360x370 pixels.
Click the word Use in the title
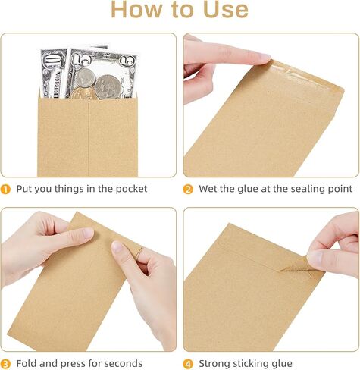click(x=216, y=9)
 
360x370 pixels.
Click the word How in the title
click(x=136, y=9)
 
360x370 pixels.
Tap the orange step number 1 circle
click(x=5, y=189)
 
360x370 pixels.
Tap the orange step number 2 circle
click(x=188, y=189)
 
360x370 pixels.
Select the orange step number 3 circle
click(x=5, y=363)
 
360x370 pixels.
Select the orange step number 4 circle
click(x=188, y=363)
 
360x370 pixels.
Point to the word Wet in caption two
click(x=209, y=189)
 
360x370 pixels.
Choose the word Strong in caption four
click(x=217, y=363)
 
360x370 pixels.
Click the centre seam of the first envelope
click(x=89, y=136)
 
